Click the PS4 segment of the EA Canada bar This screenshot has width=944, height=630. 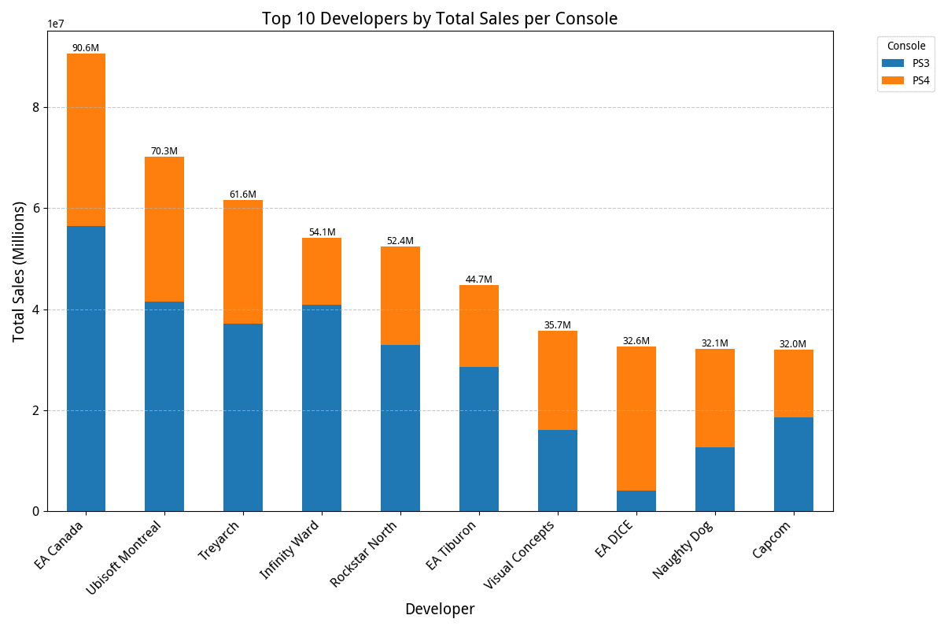[86, 139]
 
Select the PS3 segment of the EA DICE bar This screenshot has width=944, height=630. [636, 501]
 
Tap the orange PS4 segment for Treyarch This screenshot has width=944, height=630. [243, 261]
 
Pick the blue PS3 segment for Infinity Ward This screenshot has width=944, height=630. [322, 408]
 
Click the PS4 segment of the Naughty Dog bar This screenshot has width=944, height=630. [714, 398]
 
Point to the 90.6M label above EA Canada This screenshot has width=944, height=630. [86, 48]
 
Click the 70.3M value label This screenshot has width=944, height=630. [164, 151]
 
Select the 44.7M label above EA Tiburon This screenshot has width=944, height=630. [478, 280]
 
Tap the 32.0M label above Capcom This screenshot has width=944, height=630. [793, 344]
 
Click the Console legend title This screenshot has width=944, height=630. [906, 46]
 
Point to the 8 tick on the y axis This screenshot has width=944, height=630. [36, 107]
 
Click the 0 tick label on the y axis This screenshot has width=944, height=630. [36, 511]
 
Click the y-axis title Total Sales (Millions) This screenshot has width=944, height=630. [19, 271]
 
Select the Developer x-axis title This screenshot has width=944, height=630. [440, 610]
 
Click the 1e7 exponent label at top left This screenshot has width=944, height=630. [56, 24]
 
